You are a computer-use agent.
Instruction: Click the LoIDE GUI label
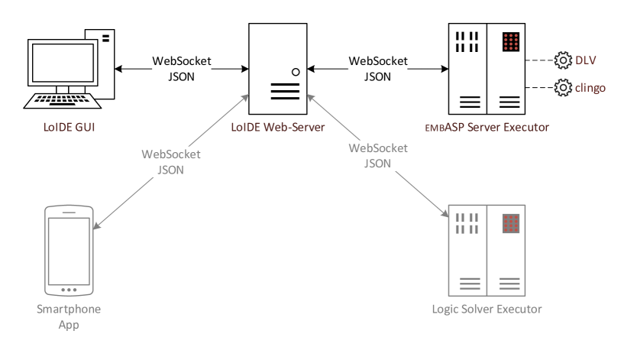tap(68, 126)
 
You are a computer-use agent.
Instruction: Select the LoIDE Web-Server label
tap(278, 126)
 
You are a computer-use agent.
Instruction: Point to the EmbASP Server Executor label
tap(489, 126)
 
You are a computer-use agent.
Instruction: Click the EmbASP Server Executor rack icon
tap(488, 68)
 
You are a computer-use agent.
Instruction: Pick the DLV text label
tap(584, 60)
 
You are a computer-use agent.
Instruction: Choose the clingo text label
tap(590, 88)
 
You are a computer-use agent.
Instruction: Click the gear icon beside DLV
tap(562, 60)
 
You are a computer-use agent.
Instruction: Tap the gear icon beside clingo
tap(562, 88)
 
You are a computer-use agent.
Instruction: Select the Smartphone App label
tap(69, 316)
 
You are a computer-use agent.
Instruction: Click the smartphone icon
tap(69, 251)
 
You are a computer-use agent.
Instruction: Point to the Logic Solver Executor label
tap(487, 309)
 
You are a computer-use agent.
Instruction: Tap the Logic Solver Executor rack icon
tap(487, 250)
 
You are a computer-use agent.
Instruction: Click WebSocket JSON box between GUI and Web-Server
tap(182, 69)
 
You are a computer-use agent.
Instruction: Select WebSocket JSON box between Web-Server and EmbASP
tap(377, 69)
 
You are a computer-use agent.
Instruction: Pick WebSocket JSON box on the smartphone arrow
tap(171, 162)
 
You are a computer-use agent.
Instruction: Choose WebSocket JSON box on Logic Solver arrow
tap(377, 155)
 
